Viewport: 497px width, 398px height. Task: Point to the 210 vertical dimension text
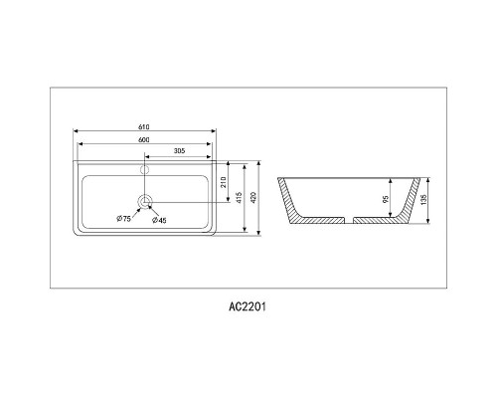[224, 181]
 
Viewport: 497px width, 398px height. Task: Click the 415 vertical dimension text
[240, 198]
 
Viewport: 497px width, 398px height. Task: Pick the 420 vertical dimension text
[255, 198]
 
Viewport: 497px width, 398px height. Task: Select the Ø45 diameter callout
[158, 220]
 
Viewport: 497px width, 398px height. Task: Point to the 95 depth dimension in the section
[386, 198]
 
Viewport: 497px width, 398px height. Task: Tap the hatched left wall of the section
[292, 204]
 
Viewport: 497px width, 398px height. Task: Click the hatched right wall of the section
[405, 204]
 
